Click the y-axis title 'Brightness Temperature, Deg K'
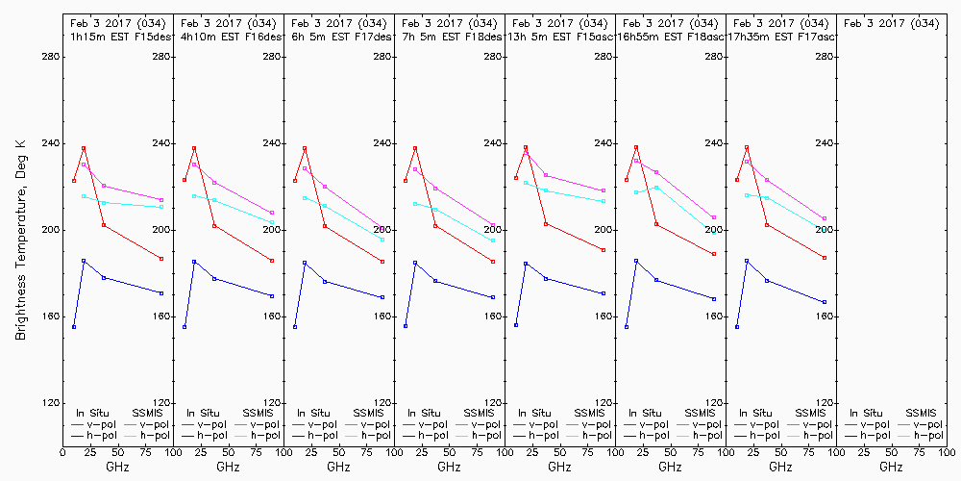point(20,240)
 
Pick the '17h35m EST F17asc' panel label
point(781,36)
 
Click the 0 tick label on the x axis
point(62,451)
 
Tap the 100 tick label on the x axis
point(948,451)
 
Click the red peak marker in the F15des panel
point(84,148)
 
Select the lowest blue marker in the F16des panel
point(185,327)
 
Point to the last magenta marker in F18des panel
point(493,225)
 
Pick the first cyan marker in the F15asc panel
point(526,182)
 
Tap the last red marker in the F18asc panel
point(714,254)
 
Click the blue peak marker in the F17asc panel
point(747,261)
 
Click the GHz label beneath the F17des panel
point(338,468)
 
